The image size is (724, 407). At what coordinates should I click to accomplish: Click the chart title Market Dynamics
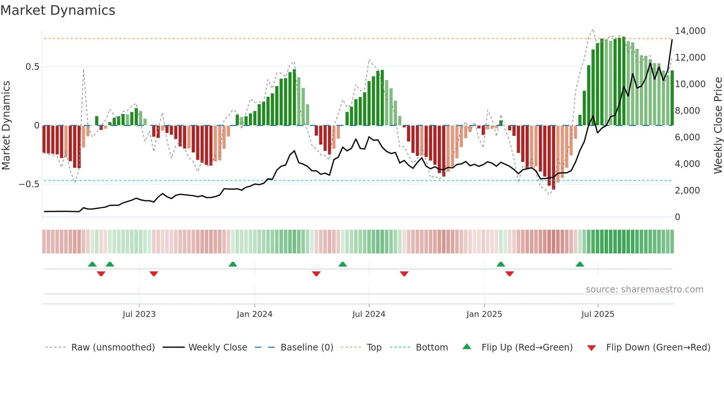(x=58, y=10)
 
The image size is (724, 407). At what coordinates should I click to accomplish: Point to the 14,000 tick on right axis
(x=690, y=31)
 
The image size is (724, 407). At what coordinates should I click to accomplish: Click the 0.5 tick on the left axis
(x=32, y=67)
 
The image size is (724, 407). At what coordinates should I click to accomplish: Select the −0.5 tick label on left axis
(x=29, y=184)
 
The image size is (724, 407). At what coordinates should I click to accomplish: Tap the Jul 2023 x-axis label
(x=139, y=314)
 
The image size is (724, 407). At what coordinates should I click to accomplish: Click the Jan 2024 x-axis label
(x=255, y=314)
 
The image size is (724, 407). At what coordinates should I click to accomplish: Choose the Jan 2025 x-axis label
(x=484, y=314)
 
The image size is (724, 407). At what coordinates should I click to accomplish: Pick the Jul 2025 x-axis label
(x=598, y=314)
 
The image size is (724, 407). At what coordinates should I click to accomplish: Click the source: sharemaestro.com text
(x=644, y=290)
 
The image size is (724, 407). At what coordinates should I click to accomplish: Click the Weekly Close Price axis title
(x=718, y=125)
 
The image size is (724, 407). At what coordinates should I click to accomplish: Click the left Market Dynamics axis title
(x=6, y=125)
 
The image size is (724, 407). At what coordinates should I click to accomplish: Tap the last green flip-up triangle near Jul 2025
(x=580, y=264)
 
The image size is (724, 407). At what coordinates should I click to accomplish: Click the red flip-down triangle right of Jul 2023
(x=154, y=273)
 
